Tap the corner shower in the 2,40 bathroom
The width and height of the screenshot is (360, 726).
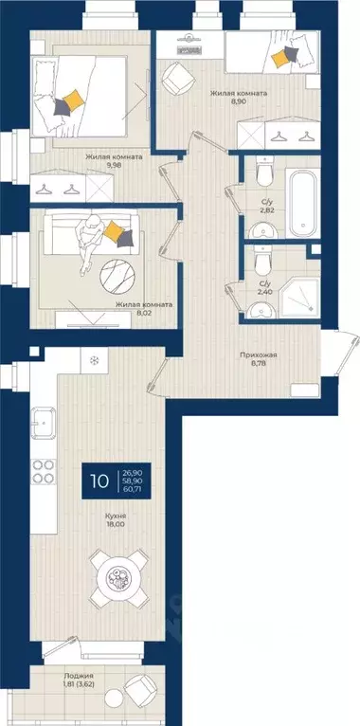pyautogui.click(x=299, y=298)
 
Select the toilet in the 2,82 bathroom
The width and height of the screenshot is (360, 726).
pyautogui.click(x=264, y=171)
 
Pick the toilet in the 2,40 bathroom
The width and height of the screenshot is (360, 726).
pyautogui.click(x=262, y=260)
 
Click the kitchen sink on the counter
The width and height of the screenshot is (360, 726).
pyautogui.click(x=43, y=423)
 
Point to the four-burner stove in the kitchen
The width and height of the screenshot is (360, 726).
pyautogui.click(x=43, y=472)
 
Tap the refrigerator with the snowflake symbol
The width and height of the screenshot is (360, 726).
pyautogui.click(x=95, y=360)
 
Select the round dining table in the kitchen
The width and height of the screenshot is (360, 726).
pyautogui.click(x=119, y=578)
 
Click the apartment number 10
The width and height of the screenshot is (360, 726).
pyautogui.click(x=100, y=481)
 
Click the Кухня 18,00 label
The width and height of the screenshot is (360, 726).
pyautogui.click(x=116, y=519)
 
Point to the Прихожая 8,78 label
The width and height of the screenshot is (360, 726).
pyautogui.click(x=259, y=359)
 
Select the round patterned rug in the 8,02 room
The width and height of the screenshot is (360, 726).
pyautogui.click(x=117, y=277)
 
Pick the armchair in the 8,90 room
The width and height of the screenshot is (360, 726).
pyautogui.click(x=175, y=77)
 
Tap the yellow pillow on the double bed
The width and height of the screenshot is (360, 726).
pyautogui.click(x=73, y=100)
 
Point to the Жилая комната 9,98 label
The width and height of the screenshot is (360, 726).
pyautogui.click(x=114, y=160)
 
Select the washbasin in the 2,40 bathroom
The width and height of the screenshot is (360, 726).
pyautogui.click(x=261, y=311)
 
